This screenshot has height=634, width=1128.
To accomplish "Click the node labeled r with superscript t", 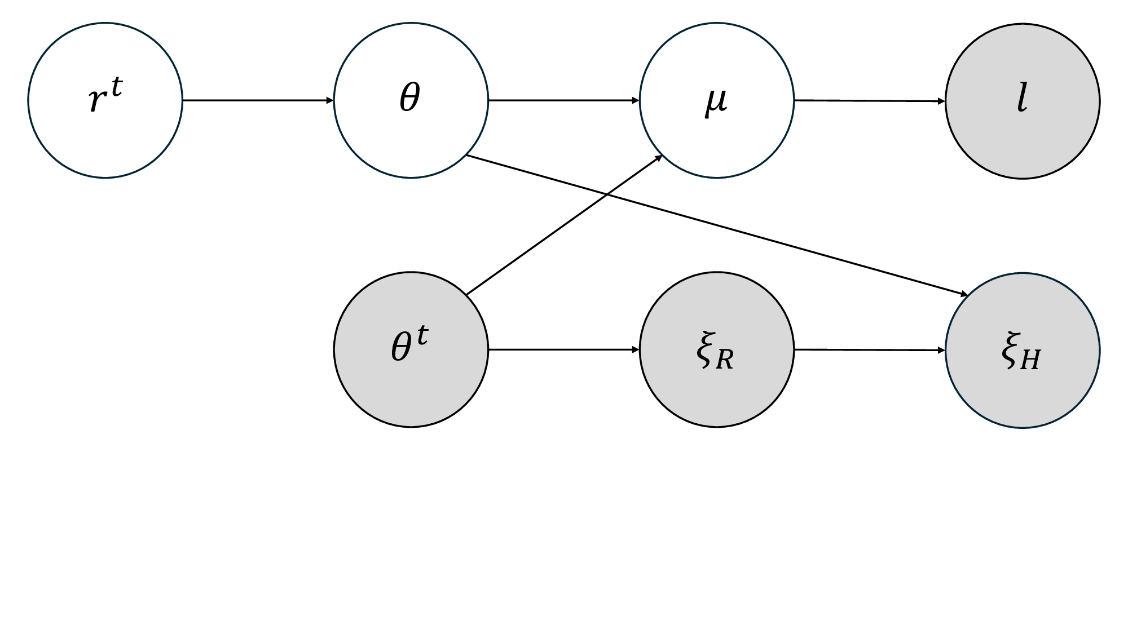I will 105,101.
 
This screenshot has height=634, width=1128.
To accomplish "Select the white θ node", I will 411,101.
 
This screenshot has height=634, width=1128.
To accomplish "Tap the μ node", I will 716,101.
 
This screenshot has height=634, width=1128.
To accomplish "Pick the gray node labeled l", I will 1022,101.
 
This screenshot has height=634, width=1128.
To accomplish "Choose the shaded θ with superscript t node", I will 411,349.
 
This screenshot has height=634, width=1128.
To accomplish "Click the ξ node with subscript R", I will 716,349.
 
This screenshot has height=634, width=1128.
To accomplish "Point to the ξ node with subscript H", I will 1022,350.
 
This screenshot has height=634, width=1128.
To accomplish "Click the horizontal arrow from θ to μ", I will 563,101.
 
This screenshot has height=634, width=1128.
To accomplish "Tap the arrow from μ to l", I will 869,101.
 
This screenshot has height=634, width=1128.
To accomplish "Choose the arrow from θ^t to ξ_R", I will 563,349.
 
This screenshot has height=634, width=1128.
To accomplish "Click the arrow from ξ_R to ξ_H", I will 869,350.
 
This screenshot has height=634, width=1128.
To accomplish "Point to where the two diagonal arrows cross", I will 606,194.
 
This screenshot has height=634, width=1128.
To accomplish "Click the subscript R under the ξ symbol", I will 725,360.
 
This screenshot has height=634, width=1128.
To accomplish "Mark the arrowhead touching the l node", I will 941,101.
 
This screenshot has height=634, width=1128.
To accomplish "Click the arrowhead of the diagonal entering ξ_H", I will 964,294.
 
